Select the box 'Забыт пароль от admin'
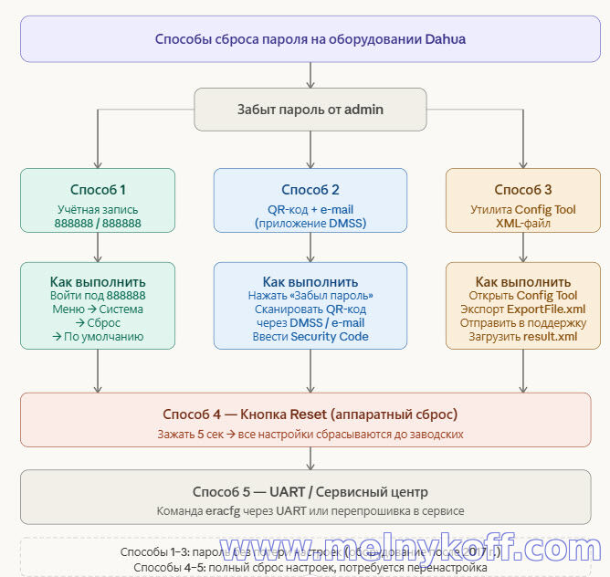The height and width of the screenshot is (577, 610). (x=310, y=110)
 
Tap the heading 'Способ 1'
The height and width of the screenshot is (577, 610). (x=98, y=190)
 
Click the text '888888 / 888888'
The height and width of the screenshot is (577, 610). (x=98, y=223)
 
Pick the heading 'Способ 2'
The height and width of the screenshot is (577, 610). (x=310, y=190)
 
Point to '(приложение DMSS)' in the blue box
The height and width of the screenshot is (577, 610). (x=310, y=223)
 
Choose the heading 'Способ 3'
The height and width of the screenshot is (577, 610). (x=523, y=190)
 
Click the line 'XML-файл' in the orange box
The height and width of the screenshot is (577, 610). (x=523, y=223)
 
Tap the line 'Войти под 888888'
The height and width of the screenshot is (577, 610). (x=98, y=296)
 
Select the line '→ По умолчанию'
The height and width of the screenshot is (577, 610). (x=98, y=337)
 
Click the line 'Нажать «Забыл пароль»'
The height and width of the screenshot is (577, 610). (x=310, y=296)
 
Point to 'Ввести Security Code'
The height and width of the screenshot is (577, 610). (x=310, y=337)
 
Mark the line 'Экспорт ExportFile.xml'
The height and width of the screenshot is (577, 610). (x=523, y=309)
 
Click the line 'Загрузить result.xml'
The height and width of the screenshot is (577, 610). (x=523, y=336)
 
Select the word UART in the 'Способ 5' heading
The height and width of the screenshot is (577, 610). (x=289, y=491)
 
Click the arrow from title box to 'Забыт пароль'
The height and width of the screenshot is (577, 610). (x=310, y=75)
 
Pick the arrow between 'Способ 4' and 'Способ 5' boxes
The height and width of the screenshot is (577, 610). (x=310, y=457)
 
